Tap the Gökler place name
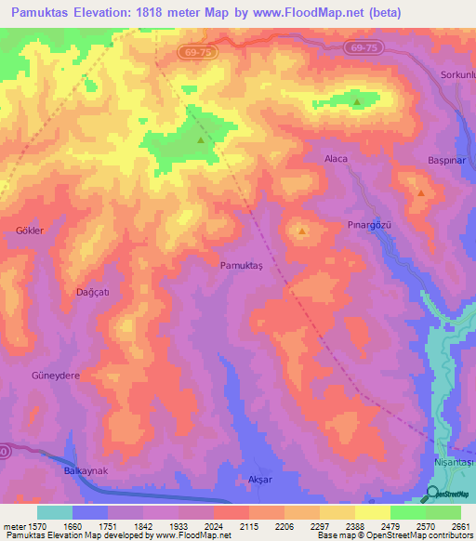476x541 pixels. pos(30,230)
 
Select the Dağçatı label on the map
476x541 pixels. pos(92,292)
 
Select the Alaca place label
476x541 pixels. pos(336,159)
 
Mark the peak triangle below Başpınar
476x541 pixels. pos(421,193)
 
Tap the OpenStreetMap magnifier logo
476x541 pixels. pos(432,494)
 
